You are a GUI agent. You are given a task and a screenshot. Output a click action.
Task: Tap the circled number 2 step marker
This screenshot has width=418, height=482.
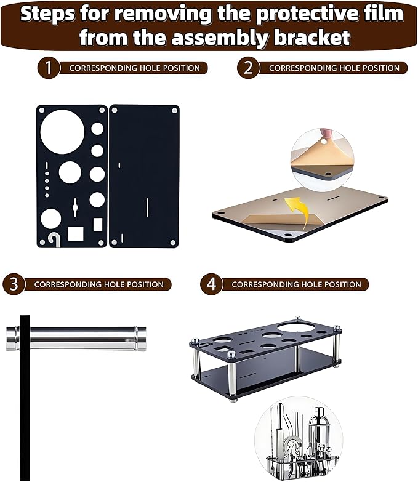click(x=247, y=68)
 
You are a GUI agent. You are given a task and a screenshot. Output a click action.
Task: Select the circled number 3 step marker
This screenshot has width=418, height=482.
click(x=14, y=284)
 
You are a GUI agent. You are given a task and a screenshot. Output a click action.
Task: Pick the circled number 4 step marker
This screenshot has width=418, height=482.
click(x=211, y=284)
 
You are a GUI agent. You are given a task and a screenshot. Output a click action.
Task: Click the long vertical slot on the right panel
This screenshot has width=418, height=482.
click(x=148, y=211)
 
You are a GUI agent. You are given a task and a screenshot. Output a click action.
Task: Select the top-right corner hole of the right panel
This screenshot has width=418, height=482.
click(x=174, y=110)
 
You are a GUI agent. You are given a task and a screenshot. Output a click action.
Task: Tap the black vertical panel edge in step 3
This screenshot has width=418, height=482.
click(x=25, y=400)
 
